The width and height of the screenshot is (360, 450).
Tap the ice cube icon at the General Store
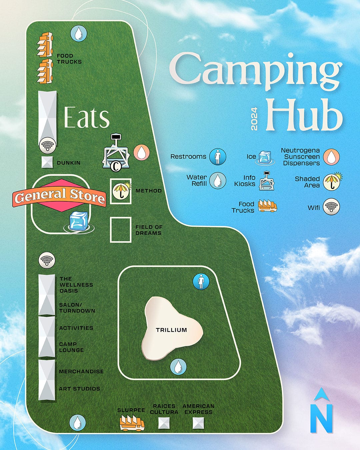pyautogui.click(x=79, y=221)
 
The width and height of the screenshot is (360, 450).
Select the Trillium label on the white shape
pyautogui.click(x=171, y=330)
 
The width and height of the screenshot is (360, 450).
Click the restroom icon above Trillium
pyautogui.click(x=201, y=282)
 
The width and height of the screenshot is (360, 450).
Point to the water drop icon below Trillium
pyautogui.click(x=178, y=367)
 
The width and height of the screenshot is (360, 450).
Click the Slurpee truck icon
pyautogui.click(x=132, y=423)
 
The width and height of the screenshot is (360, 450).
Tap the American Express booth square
pyautogui.click(x=198, y=423)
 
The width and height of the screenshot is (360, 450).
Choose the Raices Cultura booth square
pyautogui.click(x=164, y=423)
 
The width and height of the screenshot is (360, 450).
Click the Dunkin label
pyautogui.click(x=69, y=163)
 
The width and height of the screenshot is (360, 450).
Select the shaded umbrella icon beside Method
pyautogui.click(x=121, y=191)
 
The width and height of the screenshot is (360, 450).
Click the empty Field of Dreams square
pyautogui.click(x=120, y=229)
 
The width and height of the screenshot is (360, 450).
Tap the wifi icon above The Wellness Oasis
pyautogui.click(x=47, y=260)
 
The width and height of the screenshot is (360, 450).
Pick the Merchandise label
pyautogui.click(x=81, y=371)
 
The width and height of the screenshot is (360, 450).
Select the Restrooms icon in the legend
pyautogui.click(x=218, y=157)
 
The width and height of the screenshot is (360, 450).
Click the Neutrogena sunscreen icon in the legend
pyautogui.click(x=331, y=157)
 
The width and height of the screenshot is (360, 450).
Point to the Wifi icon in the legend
pyautogui.click(x=331, y=207)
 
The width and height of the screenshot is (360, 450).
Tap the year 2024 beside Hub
pyautogui.click(x=254, y=119)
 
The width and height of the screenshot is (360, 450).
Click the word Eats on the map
pyautogui.click(x=87, y=118)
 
